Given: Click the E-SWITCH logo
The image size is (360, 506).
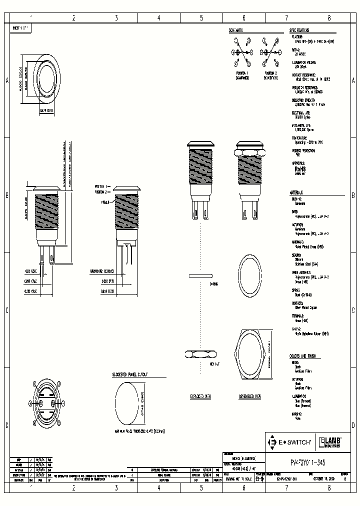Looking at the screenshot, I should tap(290, 442).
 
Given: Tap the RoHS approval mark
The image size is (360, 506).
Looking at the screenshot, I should tap(301, 169).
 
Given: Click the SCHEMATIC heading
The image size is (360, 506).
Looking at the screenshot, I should tap(236, 30).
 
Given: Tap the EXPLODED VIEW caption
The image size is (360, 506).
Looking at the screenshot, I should tap(200, 396).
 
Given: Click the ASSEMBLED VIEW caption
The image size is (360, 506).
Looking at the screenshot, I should tap(250, 396).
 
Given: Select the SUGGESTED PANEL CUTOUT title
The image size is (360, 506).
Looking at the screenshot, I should tap(133, 374).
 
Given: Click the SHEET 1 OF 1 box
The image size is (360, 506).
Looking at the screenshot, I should tap(21, 28).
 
